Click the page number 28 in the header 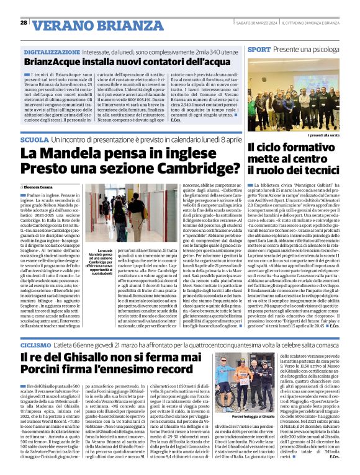[x=24, y=22]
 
